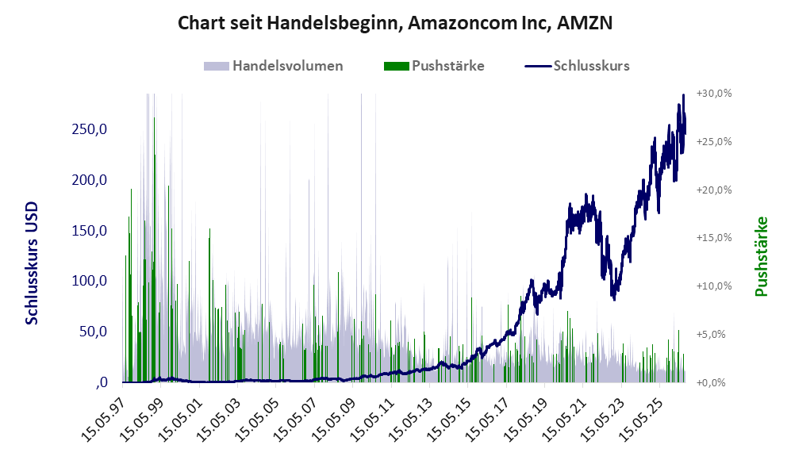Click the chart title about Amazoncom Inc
pyautogui.click(x=395, y=23)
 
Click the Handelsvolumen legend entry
pyautogui.click(x=274, y=66)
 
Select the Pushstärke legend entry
pyautogui.click(x=434, y=66)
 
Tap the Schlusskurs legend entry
pyautogui.click(x=577, y=66)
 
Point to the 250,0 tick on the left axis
pyautogui.click(x=90, y=129)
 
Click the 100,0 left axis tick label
pyautogui.click(x=90, y=281)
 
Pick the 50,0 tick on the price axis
pyautogui.click(x=94, y=332)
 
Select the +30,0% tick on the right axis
pyautogui.click(x=714, y=94)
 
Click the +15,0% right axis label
pyautogui.click(x=714, y=237)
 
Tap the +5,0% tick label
pyautogui.click(x=711, y=335)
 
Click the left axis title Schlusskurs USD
pyautogui.click(x=31, y=263)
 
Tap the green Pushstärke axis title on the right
pyautogui.click(x=761, y=256)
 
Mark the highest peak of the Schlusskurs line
pyautogui.click(x=684, y=94)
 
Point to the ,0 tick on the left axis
pyautogui.click(x=101, y=382)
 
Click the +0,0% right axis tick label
pyautogui.click(x=711, y=383)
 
